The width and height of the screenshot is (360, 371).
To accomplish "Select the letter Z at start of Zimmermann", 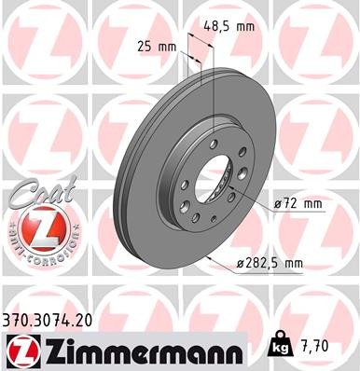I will (48, 350).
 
